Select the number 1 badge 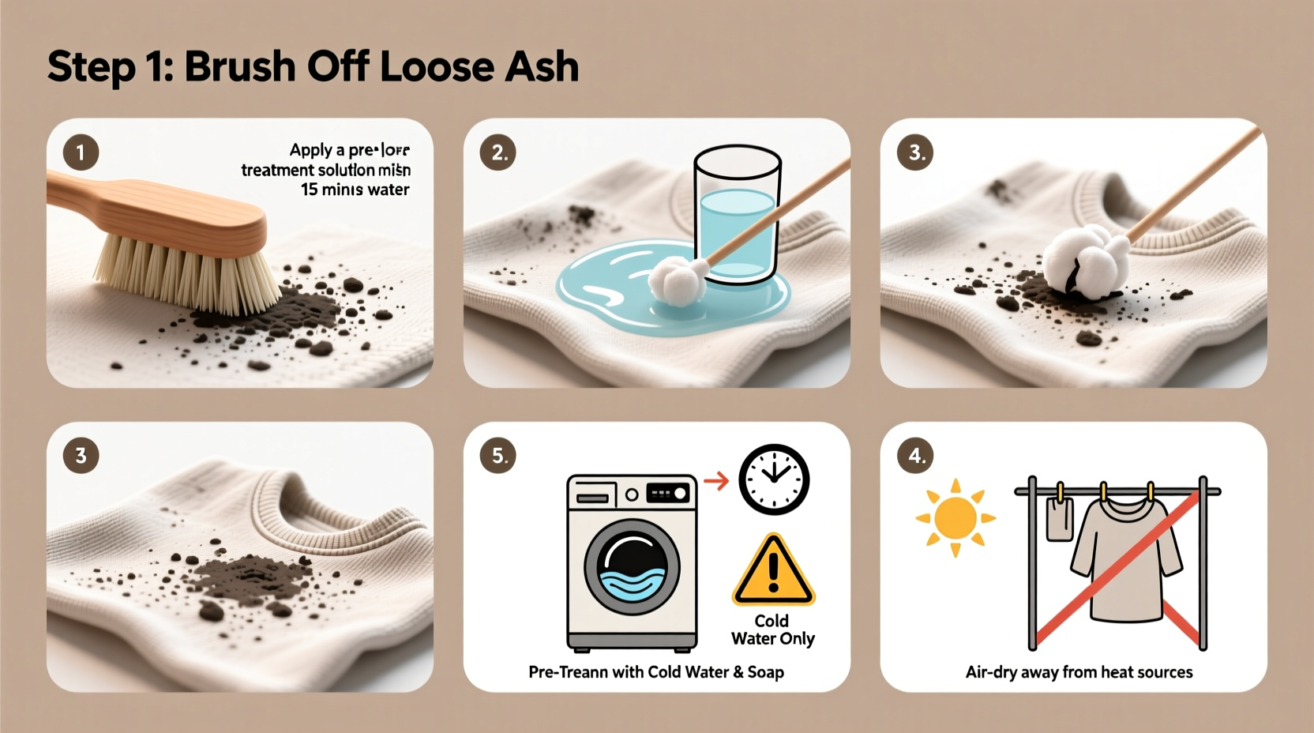point(81,152)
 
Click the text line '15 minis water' point(355,190)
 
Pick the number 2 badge point(498,152)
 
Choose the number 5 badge point(498,456)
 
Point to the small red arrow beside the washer point(715,480)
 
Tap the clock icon point(774,479)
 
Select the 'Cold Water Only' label point(772,630)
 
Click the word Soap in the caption point(765,672)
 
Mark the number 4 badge point(916,456)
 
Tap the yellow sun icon point(955,518)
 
